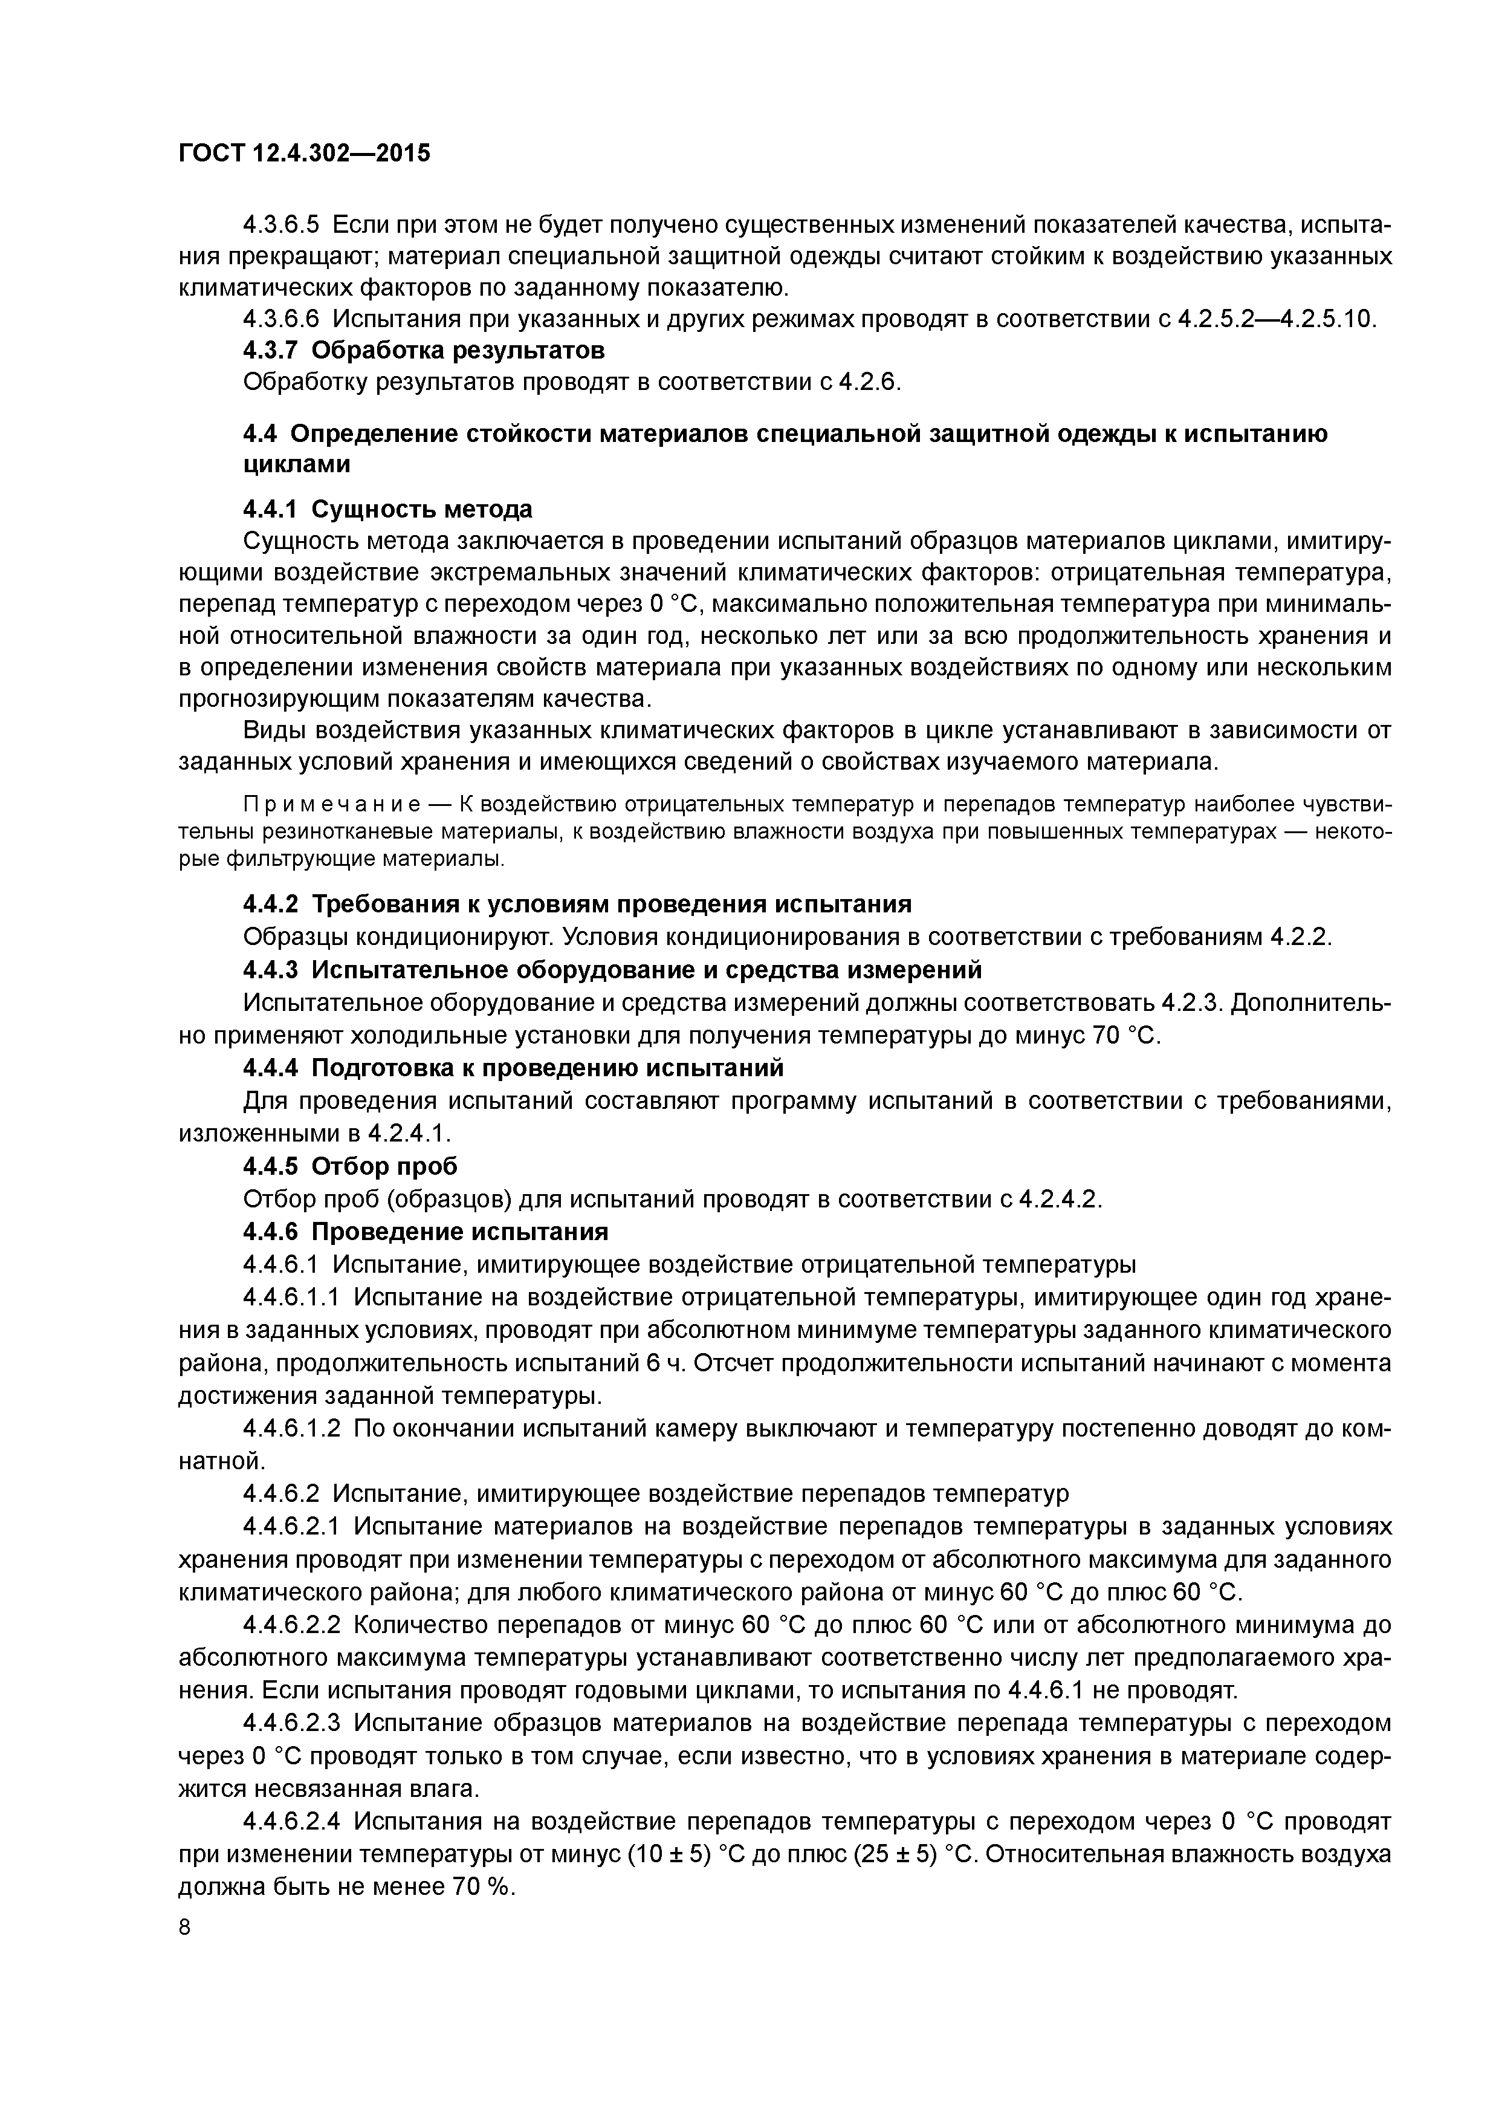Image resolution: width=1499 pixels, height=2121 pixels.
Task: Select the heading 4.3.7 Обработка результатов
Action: [x=424, y=351]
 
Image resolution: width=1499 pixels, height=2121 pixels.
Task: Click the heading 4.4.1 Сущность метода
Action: [x=388, y=509]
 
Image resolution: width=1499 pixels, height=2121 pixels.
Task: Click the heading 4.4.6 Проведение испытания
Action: [x=426, y=1232]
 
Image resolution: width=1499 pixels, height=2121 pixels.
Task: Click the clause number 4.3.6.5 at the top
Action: [x=280, y=224]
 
